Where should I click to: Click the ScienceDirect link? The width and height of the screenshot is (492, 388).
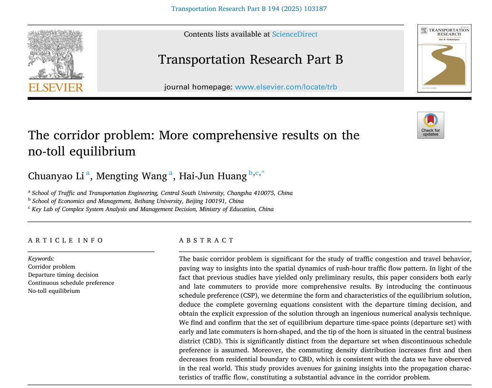pos(295,34)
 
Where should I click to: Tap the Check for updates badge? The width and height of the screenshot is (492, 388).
pos(431,125)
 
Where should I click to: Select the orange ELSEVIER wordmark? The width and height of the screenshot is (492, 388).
pos(56,87)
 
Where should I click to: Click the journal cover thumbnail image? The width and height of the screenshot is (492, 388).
pos(444,58)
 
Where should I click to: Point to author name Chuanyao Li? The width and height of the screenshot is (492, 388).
pos(56,176)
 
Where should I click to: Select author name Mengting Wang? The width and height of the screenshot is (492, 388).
pos(131,176)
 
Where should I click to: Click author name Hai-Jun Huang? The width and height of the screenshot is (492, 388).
pos(213,176)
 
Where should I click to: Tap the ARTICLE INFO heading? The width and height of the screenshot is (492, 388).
pos(66,241)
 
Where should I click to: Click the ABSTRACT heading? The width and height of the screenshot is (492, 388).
pos(207,241)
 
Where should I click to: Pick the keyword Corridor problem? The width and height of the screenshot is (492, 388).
pos(51,267)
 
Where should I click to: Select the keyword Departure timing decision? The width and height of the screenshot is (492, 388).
pos(63,275)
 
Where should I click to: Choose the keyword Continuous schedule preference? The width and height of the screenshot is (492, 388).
pos(71,283)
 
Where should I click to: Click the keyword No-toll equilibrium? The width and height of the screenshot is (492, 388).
pos(54,291)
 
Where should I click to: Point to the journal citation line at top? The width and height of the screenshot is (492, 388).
pos(249,9)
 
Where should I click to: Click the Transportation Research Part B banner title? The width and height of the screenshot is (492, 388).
pos(250,59)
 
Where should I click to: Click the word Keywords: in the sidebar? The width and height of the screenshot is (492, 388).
pos(41,259)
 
